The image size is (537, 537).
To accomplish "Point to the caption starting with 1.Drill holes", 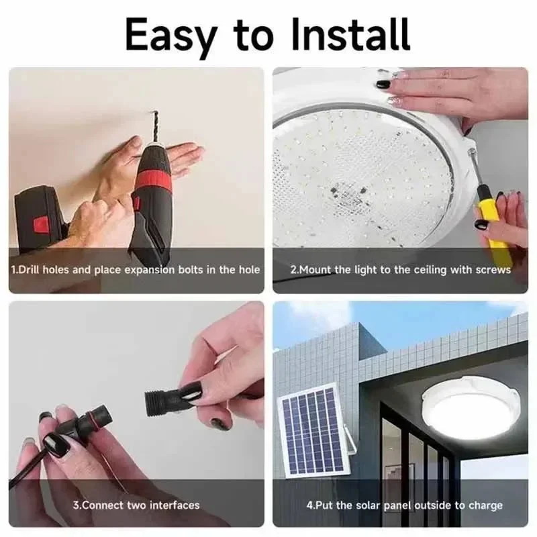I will coord(135,270).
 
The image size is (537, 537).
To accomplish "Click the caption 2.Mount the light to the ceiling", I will coord(400,270).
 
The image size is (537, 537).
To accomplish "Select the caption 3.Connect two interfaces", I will coord(136,505).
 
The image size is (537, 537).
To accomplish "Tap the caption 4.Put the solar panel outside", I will coord(400,505).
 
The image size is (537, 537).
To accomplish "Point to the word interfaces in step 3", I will coord(176,505).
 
